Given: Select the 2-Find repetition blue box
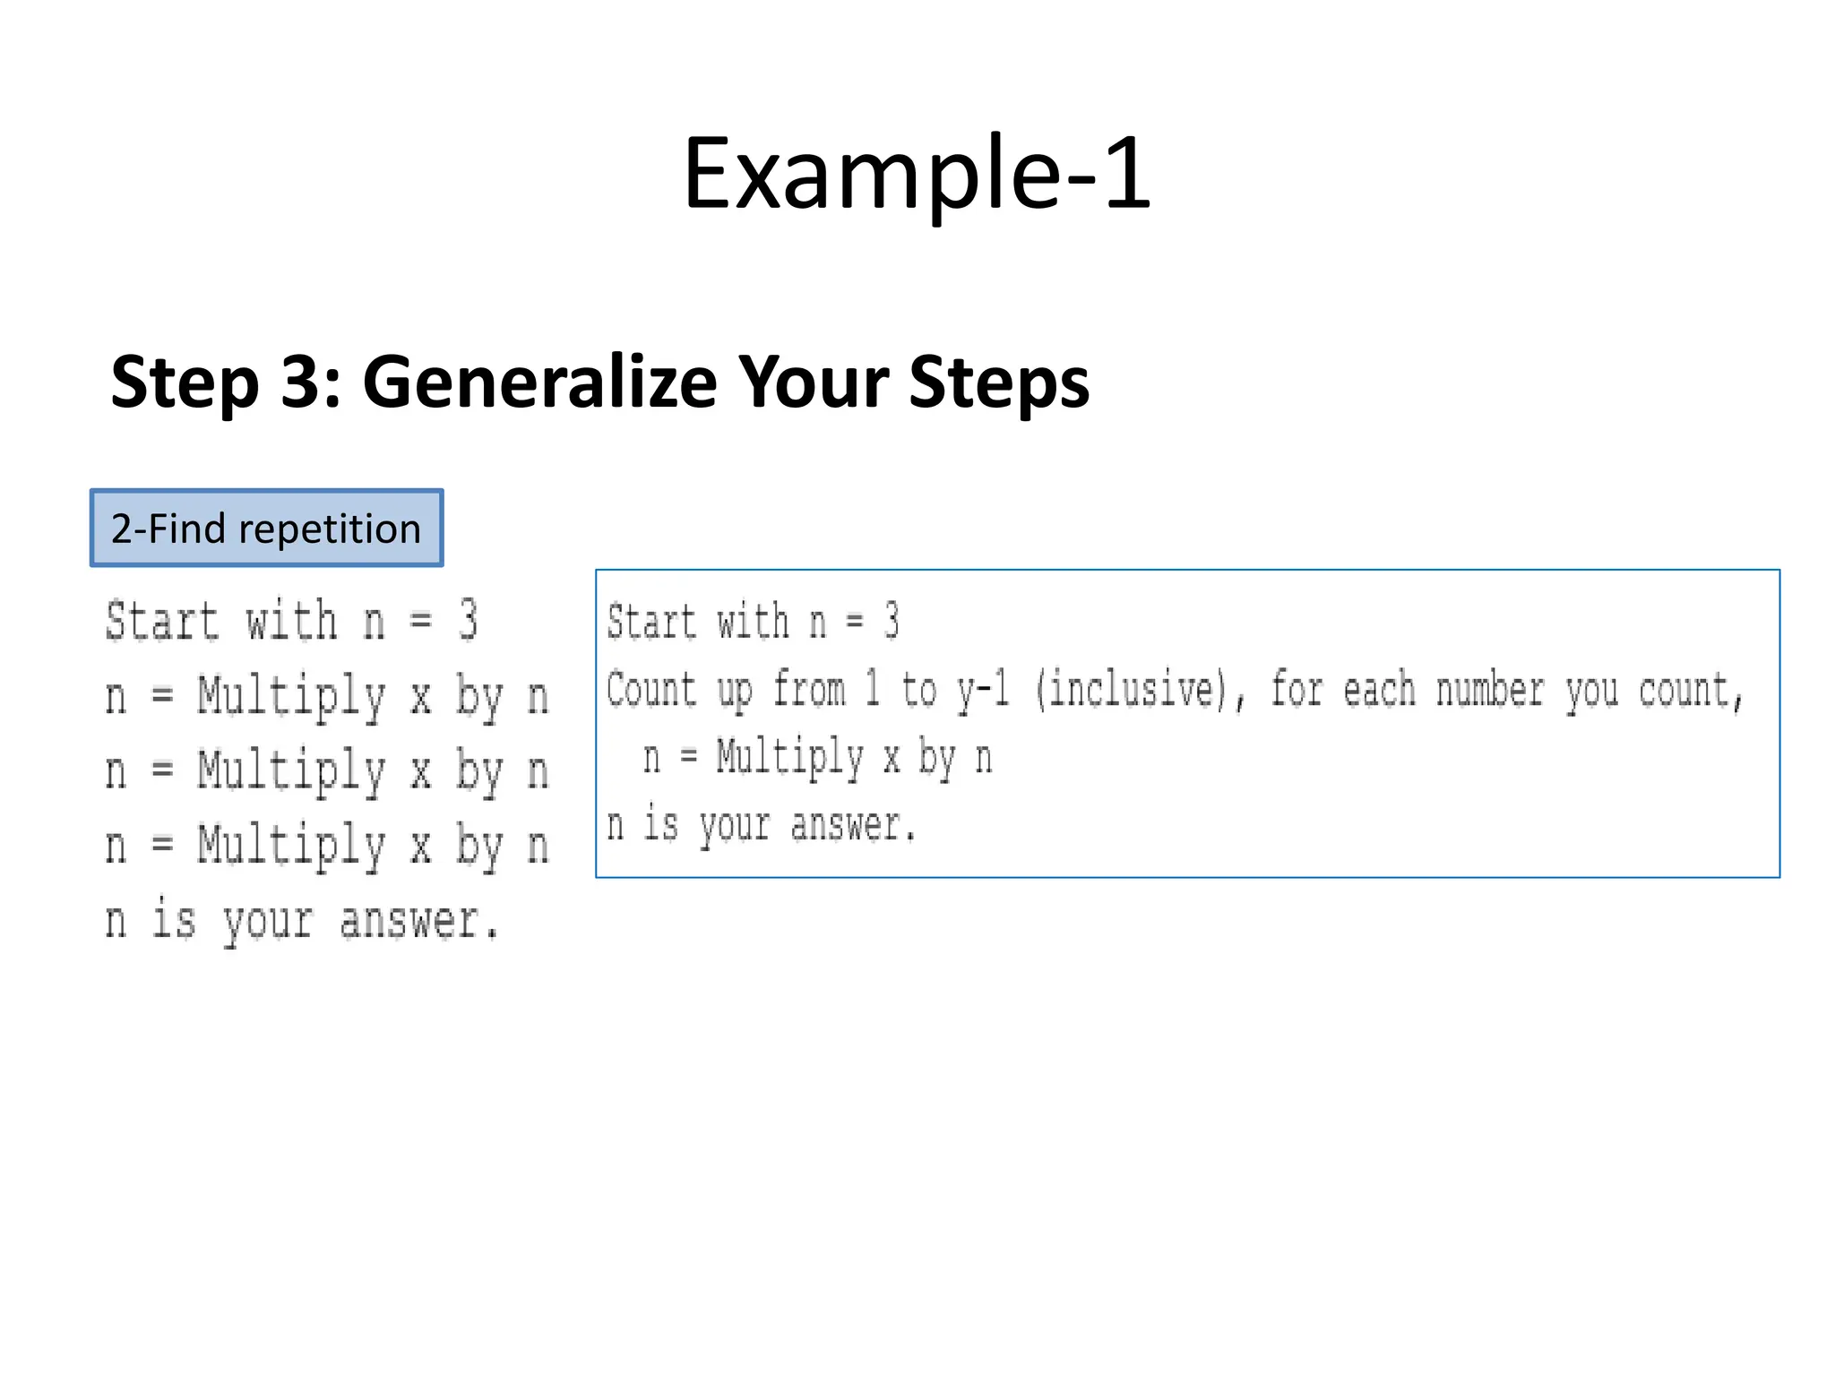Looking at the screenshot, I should click(x=266, y=528).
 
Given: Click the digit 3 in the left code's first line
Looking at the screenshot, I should click(x=468, y=620).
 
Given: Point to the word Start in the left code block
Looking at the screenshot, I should click(x=162, y=621).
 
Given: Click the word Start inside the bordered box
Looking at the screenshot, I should click(x=651, y=622).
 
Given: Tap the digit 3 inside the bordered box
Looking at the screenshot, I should click(x=891, y=621).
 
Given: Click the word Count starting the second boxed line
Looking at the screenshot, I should click(x=651, y=690).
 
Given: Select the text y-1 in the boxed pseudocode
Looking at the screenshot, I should click(x=983, y=690).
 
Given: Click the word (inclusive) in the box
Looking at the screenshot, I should click(x=1131, y=690).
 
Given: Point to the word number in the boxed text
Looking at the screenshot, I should click(x=1490, y=691).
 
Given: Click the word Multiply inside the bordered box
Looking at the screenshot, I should click(x=789, y=758).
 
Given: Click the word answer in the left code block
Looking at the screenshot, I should click(x=418, y=921).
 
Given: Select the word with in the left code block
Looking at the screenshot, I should click(x=292, y=621).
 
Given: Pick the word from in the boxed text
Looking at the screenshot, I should click(x=809, y=690).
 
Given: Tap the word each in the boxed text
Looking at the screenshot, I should click(x=1380, y=691).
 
